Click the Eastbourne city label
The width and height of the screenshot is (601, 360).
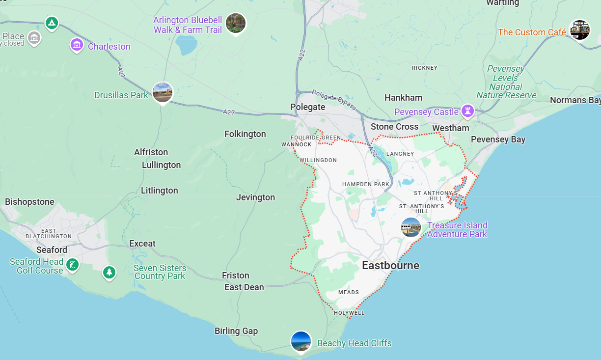point(390,266)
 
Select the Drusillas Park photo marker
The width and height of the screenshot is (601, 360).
point(163,92)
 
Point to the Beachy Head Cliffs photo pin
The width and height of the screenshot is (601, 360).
point(300,342)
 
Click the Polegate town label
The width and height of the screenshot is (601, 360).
point(308,107)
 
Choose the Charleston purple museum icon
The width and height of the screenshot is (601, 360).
point(77,46)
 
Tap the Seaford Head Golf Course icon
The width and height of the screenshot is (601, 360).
point(72,266)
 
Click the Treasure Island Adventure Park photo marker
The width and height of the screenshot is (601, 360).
point(411,227)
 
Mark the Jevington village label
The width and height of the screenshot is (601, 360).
point(255,197)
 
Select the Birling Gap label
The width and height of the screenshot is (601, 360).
point(236,331)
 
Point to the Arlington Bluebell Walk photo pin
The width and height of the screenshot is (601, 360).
point(236,24)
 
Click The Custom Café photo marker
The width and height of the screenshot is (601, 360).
point(579,30)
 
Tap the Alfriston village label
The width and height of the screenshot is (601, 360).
point(151,152)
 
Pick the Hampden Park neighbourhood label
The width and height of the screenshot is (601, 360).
point(366,184)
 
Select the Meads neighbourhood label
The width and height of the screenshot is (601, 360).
point(349,292)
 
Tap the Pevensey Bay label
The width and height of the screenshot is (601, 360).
point(498,139)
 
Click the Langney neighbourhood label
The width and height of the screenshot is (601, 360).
point(400,154)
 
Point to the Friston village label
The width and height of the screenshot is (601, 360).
point(236,276)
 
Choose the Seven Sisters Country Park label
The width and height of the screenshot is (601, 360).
point(160,272)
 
